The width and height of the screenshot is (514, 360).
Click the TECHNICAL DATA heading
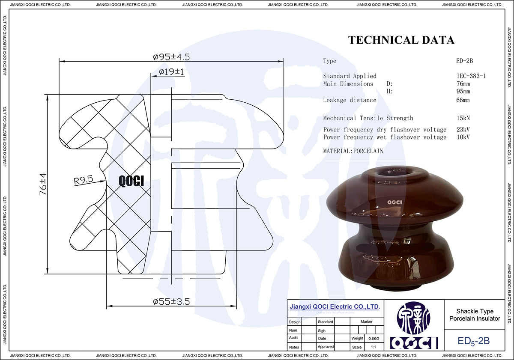pos(401,40)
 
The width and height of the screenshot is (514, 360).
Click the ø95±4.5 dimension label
pos(171,57)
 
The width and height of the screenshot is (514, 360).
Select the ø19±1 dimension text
pos(171,72)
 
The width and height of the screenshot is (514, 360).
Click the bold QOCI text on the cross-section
pos(131,181)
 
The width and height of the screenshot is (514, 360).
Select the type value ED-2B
pos(464,61)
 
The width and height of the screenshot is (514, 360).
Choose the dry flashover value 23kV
pos(463,130)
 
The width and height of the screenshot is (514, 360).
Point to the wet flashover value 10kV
pos(463,137)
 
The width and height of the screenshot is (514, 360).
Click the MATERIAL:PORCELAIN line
pos(353,151)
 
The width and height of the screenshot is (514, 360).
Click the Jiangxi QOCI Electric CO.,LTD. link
pos(335,307)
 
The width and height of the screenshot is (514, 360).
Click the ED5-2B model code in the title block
pos(473,341)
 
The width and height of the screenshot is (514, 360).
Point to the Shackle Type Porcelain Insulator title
pos(474,315)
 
